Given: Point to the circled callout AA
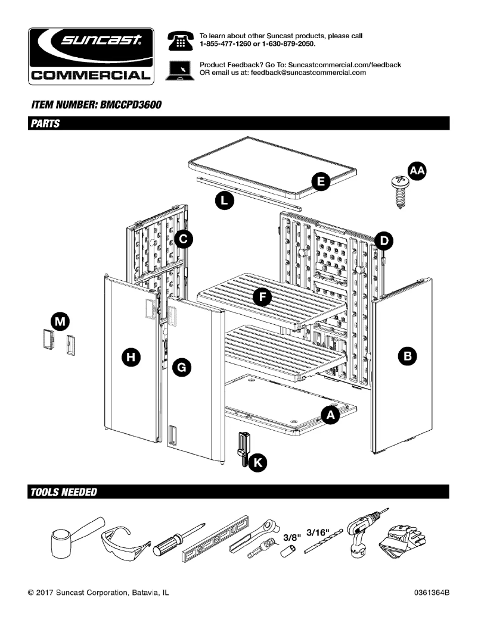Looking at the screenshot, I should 417,171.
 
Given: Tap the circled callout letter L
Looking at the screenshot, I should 224,201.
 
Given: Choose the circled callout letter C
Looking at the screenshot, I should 184,239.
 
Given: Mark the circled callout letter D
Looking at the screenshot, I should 384,241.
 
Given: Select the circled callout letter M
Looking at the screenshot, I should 59,322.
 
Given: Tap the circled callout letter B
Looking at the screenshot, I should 408,356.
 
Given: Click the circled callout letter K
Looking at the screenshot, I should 258,462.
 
